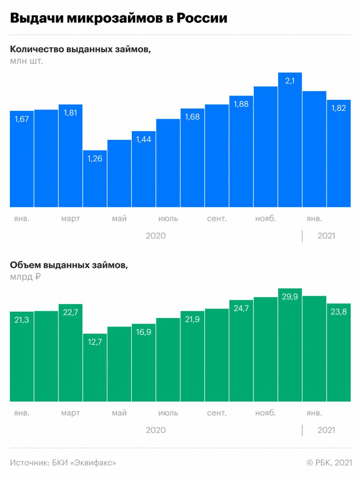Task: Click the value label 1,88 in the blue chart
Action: [x=241, y=104]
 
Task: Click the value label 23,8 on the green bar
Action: [x=339, y=312]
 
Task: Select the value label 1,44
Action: [x=144, y=139]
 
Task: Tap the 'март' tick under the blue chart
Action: [x=70, y=219]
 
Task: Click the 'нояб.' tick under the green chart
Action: [x=266, y=413]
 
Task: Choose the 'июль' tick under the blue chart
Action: [x=168, y=219]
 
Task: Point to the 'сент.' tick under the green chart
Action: [x=217, y=413]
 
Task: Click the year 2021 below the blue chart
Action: [x=326, y=236]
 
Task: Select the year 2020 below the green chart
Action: [x=156, y=430]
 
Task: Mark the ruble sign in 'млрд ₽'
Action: [x=37, y=277]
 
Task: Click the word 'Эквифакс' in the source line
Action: [x=94, y=463]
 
